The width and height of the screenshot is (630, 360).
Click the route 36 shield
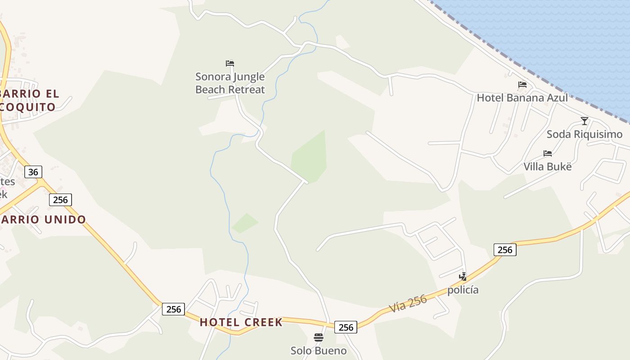33,172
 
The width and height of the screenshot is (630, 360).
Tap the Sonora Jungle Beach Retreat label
230,83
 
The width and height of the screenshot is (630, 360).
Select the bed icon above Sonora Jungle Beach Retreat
230,63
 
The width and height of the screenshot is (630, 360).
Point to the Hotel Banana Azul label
522,98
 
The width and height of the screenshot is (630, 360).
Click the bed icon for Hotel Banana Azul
522,85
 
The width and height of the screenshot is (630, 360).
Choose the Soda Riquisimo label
585,134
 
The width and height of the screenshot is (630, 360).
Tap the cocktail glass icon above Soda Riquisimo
585,121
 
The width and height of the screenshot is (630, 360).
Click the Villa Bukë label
547,166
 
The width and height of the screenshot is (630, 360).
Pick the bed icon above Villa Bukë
548,153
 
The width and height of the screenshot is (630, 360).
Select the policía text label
463,290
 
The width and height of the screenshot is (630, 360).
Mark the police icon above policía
463,276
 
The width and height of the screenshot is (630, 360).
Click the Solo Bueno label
319,351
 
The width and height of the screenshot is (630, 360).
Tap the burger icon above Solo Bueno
319,337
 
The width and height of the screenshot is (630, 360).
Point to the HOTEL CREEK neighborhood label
241,322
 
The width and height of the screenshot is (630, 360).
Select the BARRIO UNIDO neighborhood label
43,220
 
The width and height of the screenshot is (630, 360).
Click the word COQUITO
28,107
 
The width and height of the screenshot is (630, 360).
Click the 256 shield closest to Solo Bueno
346,327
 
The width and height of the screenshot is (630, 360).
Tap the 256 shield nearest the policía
505,250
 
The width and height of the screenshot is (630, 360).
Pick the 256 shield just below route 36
60,200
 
